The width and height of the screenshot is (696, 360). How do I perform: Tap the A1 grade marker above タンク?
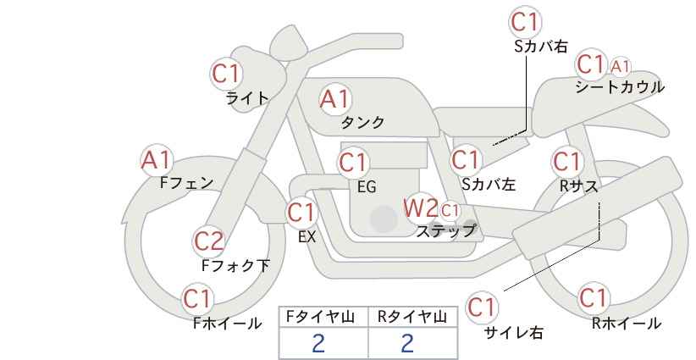click(x=334, y=99)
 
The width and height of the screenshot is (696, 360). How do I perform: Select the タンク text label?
click(x=362, y=122)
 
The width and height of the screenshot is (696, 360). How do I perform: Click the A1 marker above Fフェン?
click(x=156, y=160)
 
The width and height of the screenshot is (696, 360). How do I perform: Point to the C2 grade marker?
click(x=208, y=241)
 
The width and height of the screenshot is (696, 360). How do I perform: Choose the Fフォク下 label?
click(x=235, y=265)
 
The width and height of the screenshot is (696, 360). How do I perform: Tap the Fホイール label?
click(x=227, y=324)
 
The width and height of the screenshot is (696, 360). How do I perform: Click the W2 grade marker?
click(x=420, y=208)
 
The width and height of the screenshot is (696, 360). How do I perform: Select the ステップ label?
click(x=445, y=231)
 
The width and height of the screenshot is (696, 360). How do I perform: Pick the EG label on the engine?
click(x=367, y=187)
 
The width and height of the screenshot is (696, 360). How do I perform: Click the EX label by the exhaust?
click(x=307, y=237)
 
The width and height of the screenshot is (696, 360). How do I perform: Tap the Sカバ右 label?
click(x=541, y=47)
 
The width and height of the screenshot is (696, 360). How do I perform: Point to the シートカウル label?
click(x=620, y=86)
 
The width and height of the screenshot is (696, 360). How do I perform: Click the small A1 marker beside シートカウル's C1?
click(x=620, y=67)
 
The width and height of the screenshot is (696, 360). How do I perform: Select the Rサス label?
click(x=578, y=186)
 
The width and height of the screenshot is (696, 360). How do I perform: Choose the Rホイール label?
click(x=627, y=324)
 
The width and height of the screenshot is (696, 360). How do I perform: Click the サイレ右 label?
click(x=514, y=332)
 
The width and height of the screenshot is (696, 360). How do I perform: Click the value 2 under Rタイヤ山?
click(x=407, y=343)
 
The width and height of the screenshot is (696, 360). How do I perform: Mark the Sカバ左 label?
click(x=489, y=184)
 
